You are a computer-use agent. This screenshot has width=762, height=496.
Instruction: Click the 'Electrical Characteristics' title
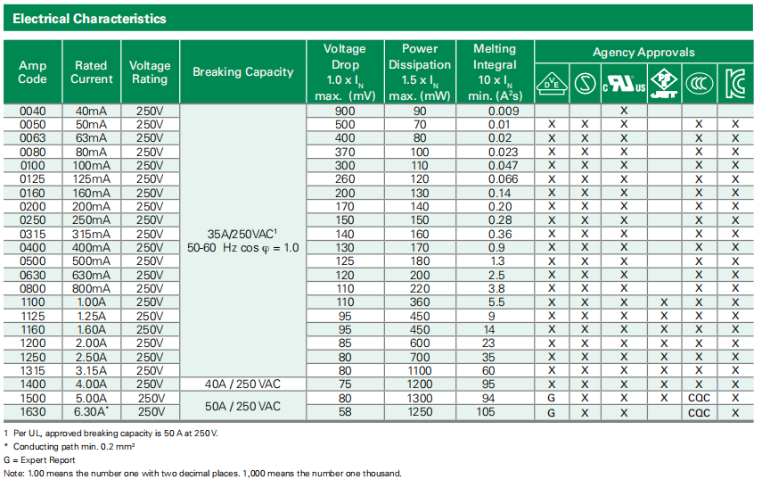90,18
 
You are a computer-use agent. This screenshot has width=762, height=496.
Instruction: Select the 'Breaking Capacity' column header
242,71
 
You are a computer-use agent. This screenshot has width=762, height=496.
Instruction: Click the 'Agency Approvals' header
643,52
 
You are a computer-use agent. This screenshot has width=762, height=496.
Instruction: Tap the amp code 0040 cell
32,111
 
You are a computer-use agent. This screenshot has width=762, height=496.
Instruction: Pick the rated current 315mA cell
93,234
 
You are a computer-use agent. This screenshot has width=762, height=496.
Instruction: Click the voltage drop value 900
345,111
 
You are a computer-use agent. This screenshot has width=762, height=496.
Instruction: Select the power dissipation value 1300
420,398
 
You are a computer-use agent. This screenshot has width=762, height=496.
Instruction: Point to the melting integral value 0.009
494,111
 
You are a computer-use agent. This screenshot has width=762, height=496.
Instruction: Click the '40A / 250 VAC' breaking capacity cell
242,384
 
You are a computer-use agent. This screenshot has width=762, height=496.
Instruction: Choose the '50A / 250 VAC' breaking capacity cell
242,406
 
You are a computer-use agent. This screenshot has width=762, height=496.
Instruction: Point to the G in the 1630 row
552,412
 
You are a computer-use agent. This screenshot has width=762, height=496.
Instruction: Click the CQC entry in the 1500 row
699,398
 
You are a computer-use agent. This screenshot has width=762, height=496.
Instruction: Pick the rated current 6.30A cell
93,412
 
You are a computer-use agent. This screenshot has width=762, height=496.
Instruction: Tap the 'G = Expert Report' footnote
41,459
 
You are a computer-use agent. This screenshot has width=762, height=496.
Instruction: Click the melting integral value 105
494,412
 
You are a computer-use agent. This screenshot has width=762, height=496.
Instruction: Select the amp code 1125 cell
32,316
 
